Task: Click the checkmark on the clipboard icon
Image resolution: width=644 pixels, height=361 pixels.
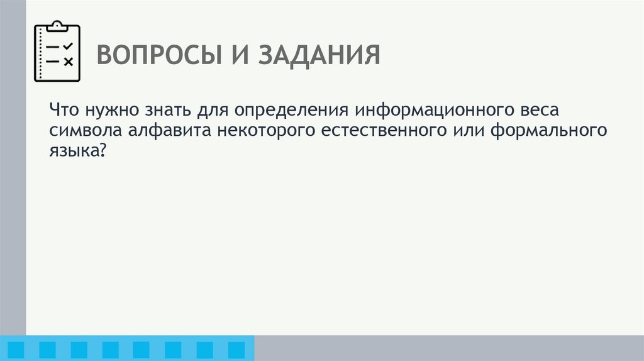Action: pyautogui.click(x=69, y=47)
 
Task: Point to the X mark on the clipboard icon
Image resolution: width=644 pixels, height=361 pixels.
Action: pyautogui.click(x=69, y=62)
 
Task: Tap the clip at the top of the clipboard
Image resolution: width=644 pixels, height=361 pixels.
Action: pyautogui.click(x=57, y=25)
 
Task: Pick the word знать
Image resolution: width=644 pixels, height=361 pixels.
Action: pyautogui.click(x=164, y=110)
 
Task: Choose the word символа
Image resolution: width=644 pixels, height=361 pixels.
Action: pyautogui.click(x=79, y=131)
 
